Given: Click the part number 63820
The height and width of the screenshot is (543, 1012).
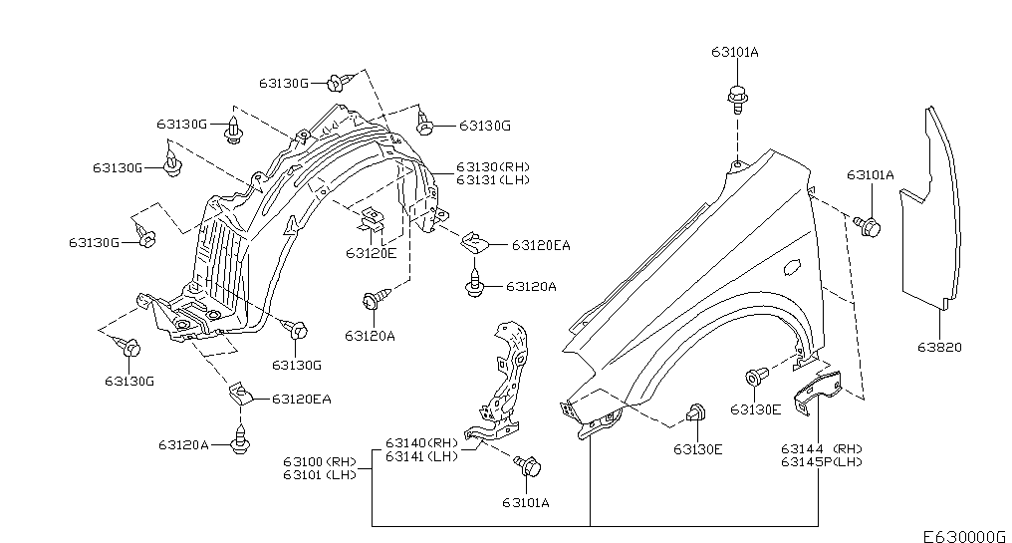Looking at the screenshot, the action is point(939,348).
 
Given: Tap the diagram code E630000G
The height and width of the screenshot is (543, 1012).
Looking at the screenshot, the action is point(963,536).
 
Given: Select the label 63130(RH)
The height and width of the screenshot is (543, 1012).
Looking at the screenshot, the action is point(493,166).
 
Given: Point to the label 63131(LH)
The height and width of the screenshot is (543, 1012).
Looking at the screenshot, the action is point(493,179).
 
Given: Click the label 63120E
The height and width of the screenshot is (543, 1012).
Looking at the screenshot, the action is point(372,253).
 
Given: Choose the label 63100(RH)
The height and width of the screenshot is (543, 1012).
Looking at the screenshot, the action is point(320,461).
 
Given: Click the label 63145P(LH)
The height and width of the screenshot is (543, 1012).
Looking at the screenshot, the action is point(822,461).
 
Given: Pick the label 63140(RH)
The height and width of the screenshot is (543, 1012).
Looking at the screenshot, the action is point(421,443).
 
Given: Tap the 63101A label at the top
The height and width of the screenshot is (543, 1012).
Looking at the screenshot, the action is point(735,52).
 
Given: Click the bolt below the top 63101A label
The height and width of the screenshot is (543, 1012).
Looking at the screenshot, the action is point(737,100).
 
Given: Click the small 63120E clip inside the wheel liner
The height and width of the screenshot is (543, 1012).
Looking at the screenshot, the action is point(372,219).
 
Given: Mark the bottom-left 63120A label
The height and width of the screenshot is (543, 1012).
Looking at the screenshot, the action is point(183,444).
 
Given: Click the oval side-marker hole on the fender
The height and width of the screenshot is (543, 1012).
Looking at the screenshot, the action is point(791,267).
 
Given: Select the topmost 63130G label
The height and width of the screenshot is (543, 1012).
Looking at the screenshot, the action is point(284,84).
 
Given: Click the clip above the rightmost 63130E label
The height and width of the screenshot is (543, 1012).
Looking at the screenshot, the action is point(756,377).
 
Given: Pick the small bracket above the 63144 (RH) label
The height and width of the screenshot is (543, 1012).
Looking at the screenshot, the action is point(818,391).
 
